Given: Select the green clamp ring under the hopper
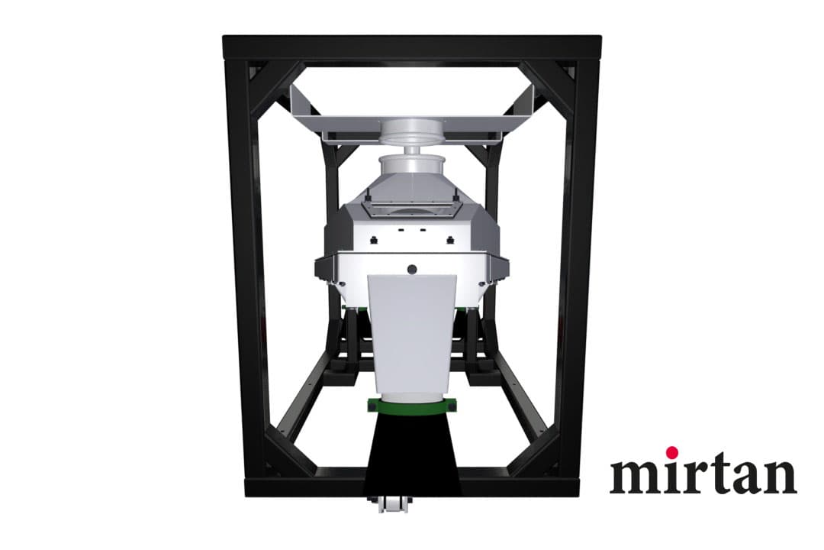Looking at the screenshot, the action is [x=413, y=406].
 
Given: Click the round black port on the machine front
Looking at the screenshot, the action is [x=412, y=269].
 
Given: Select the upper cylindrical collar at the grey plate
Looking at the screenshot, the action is [x=412, y=133].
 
